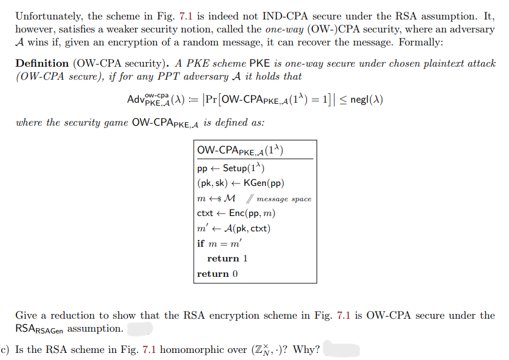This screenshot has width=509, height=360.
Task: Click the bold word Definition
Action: (42, 64)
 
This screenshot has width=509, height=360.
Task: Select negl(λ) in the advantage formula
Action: (366, 100)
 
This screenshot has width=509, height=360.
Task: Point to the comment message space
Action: (284, 199)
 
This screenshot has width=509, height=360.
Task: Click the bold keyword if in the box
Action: (201, 243)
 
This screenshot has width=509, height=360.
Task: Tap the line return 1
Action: (227, 258)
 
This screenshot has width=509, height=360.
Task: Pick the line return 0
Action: (217, 274)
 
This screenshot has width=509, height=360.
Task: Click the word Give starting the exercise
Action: (27, 316)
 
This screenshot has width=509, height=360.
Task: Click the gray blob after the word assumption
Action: (139, 328)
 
